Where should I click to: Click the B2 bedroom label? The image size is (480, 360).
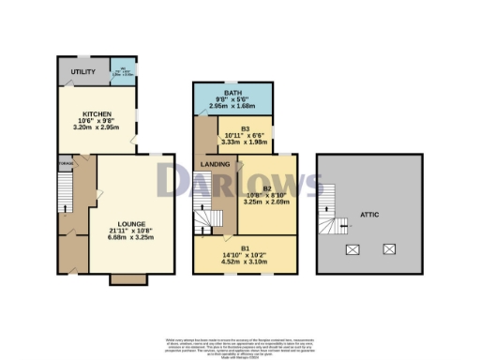[x=267, y=188]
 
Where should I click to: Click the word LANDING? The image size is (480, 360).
[x=217, y=165]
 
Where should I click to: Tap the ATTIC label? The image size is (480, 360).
[x=368, y=214]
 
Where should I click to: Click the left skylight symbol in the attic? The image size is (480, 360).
[x=353, y=249]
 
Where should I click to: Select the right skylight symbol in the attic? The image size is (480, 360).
[x=388, y=249]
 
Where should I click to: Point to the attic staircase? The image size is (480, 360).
[x=331, y=211]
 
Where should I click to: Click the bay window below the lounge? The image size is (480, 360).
[x=127, y=278]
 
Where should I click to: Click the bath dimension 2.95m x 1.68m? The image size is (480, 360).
[x=232, y=107]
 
